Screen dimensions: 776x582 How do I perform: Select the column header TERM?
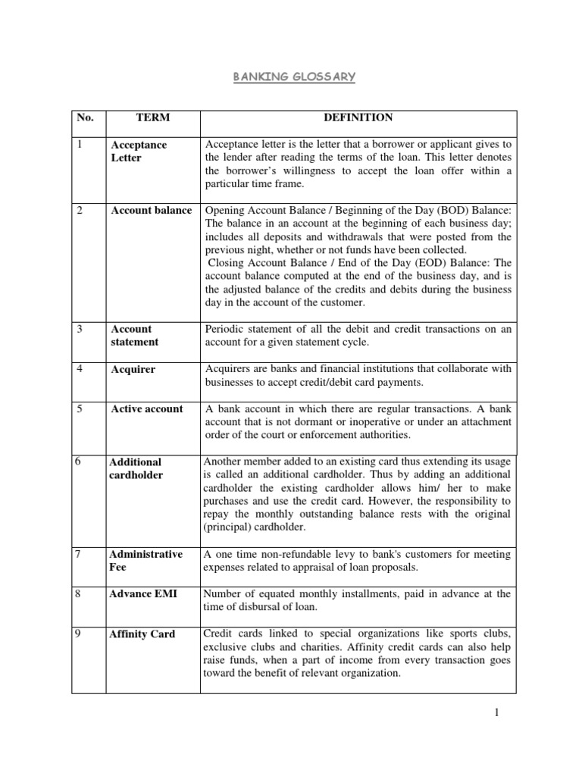(152, 117)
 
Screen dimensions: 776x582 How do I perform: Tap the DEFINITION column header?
(358, 117)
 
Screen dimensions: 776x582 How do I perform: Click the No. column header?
(83, 118)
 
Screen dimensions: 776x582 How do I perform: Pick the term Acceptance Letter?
(139, 151)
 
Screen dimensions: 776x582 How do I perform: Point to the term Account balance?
(151, 210)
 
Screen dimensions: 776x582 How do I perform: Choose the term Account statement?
(135, 335)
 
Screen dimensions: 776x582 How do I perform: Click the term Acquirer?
(133, 369)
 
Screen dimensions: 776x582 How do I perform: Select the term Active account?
(147, 408)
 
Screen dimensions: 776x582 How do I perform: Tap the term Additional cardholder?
(136, 468)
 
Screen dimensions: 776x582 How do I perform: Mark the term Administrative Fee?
(146, 560)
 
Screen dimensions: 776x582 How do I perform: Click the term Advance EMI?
(144, 593)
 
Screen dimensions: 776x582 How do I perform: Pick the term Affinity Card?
(142, 634)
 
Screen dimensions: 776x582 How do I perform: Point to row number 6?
(80, 461)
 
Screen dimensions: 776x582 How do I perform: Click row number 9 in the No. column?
(80, 633)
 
